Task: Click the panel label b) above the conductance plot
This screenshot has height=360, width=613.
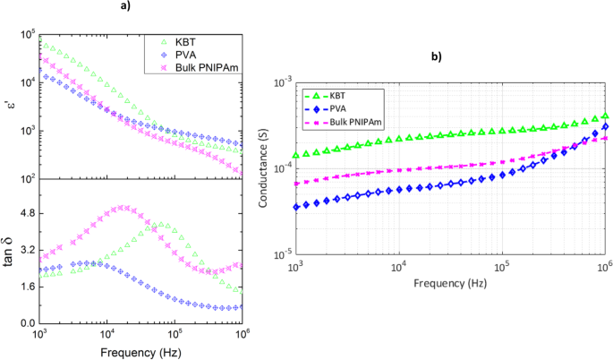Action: click(x=436, y=56)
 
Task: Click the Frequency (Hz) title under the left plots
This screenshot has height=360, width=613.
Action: click(x=140, y=351)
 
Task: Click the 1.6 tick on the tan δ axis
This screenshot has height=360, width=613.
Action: click(x=26, y=287)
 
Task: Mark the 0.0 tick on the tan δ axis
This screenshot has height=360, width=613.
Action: click(x=26, y=322)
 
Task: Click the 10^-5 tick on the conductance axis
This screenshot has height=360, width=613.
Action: click(x=281, y=253)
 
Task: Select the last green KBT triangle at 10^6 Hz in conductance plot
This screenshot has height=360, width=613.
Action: click(x=605, y=116)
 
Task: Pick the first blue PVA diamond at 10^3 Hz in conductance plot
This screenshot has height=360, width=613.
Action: click(x=296, y=207)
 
